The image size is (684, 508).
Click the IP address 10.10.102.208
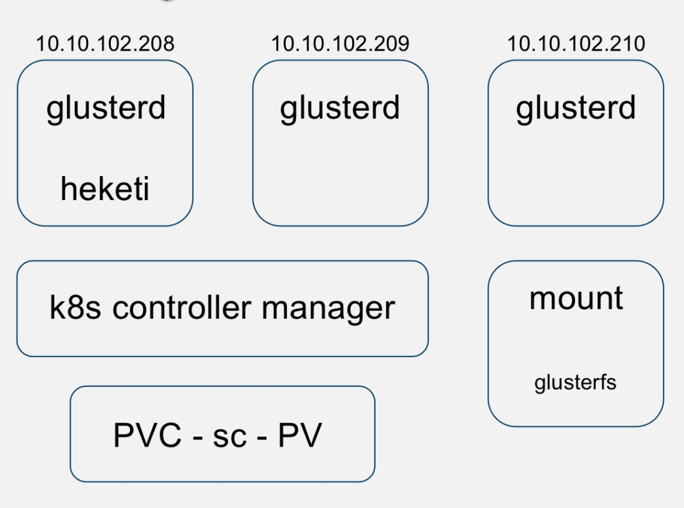coord(104,44)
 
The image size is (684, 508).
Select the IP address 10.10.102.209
coord(340,44)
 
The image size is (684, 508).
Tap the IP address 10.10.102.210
coord(576,44)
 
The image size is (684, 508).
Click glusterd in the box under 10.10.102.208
coord(106,108)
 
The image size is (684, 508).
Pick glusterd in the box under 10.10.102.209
coord(340,108)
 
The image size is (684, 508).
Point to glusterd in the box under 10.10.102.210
coord(576,108)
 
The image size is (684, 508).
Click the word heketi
coord(105,189)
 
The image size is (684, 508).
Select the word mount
coord(576,298)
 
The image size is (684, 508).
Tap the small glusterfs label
coord(575,383)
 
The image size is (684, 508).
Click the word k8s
coord(76,308)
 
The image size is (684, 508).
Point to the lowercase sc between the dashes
coord(229,436)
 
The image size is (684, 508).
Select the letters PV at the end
coord(300,435)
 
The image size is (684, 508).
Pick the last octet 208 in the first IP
coord(158,44)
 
